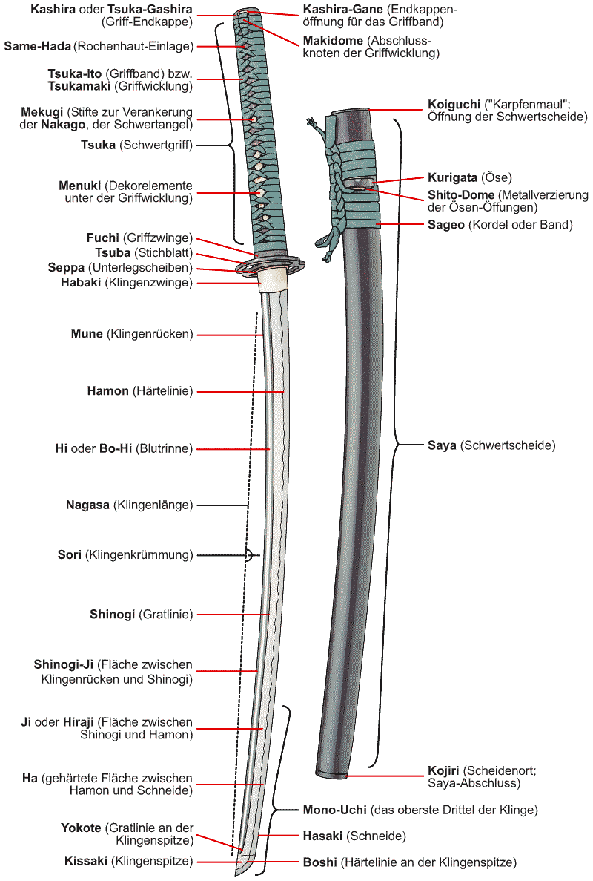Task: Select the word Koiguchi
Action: [x=452, y=104]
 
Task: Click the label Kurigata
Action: [x=452, y=177]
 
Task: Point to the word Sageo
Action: [x=446, y=224]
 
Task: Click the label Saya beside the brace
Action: [x=442, y=445]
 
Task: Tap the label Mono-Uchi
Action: [x=334, y=810]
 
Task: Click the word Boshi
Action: [x=319, y=862]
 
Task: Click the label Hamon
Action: [x=107, y=390]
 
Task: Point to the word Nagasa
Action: [x=87, y=505]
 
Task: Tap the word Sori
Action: [x=70, y=554]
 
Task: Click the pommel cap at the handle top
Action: [x=245, y=14]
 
